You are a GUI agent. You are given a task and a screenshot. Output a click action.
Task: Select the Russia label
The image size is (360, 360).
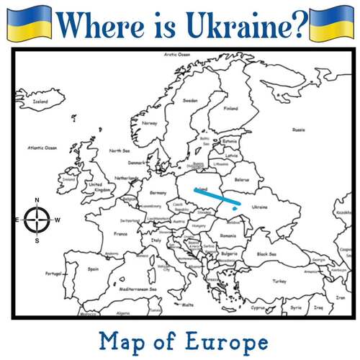pyautogui.click(x=298, y=130)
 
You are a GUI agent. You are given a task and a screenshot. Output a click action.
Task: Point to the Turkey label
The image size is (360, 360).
pyautogui.click(x=280, y=282)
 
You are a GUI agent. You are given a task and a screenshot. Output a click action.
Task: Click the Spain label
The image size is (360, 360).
pyautogui.click(x=93, y=269)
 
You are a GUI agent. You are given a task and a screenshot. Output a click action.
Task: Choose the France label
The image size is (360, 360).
pyautogui.click(x=122, y=234)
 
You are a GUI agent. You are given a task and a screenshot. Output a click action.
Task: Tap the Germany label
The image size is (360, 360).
pyautogui.click(x=158, y=193)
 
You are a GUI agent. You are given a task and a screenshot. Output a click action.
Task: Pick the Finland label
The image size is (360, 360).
pyautogui.click(x=230, y=109)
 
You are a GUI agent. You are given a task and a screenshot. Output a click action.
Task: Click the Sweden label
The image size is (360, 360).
pyautogui.click(x=190, y=101)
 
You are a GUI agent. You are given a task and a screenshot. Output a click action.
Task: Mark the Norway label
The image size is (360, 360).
pyautogui.click(x=150, y=123)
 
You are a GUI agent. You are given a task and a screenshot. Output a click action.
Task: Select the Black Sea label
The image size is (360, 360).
pyautogui.click(x=266, y=253)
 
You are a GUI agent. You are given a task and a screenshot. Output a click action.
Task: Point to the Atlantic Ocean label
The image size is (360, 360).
pyautogui.click(x=42, y=148)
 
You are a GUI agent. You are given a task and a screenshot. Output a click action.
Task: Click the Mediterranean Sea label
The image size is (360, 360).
pyautogui.click(x=138, y=289)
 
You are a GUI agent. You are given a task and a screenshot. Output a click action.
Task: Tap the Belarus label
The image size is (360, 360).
pyautogui.click(x=242, y=179)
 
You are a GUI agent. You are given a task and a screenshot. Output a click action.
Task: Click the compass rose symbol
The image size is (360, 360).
pyautogui.click(x=37, y=220)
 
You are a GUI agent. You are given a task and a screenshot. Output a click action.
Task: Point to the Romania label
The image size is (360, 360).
pyautogui.click(x=228, y=235)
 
